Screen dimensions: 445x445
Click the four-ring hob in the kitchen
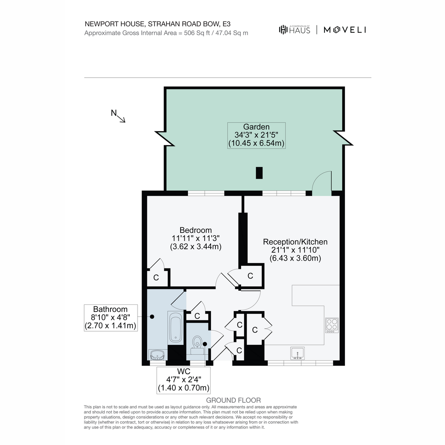point(332,325)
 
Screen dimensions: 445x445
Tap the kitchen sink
point(297,353)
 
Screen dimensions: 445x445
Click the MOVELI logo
point(345,30)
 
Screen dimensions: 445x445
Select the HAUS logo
point(294,30)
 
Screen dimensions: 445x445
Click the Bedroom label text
point(195,230)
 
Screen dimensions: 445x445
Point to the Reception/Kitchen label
point(295,242)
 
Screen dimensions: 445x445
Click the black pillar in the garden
point(259,173)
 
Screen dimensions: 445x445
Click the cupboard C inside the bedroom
point(156,277)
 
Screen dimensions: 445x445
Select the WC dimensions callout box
point(184,380)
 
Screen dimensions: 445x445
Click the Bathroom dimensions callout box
point(111,318)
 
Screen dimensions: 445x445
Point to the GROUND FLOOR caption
point(233,400)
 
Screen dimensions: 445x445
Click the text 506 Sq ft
point(197,33)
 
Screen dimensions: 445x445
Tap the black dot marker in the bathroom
point(152,317)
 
